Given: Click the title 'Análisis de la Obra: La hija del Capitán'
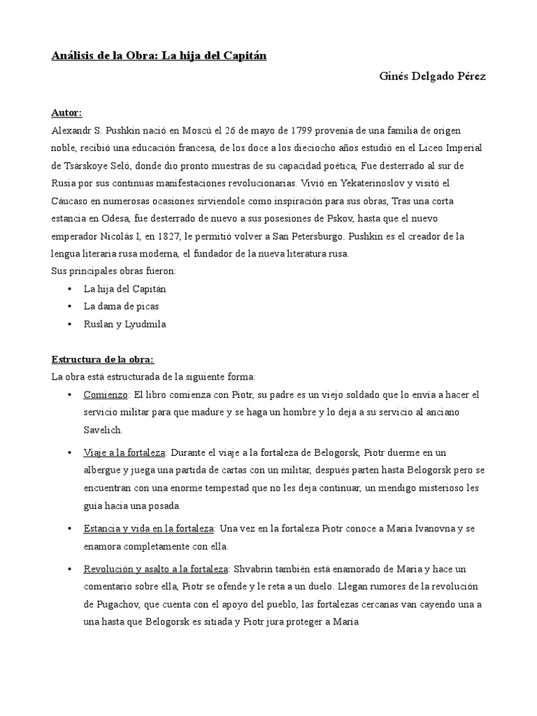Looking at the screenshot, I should pyautogui.click(x=159, y=56).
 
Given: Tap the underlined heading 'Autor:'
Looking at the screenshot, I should pyautogui.click(x=66, y=113).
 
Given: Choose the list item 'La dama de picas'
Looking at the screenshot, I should pyautogui.click(x=121, y=306).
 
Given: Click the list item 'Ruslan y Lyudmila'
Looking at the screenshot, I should pyautogui.click(x=124, y=324).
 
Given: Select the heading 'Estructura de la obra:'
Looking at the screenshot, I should pyautogui.click(x=98, y=359).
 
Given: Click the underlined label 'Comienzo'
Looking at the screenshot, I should pyautogui.click(x=105, y=395).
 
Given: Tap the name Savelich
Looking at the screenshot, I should pyautogui.click(x=103, y=430).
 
